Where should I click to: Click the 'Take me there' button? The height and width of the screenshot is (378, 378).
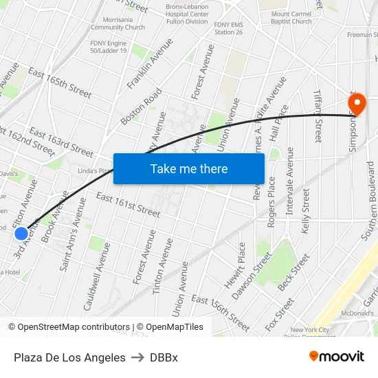tap(189, 168)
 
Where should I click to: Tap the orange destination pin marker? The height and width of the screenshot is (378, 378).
tap(357, 104)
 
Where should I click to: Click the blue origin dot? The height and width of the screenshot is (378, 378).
tap(21, 234)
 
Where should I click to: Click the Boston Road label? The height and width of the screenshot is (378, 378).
tap(141, 106)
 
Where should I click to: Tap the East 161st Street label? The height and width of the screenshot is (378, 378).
tap(128, 205)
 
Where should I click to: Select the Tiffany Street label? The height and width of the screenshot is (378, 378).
tap(318, 117)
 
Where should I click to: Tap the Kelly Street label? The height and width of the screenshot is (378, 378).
tap(306, 210)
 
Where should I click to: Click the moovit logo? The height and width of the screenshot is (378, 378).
tap(337, 356)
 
